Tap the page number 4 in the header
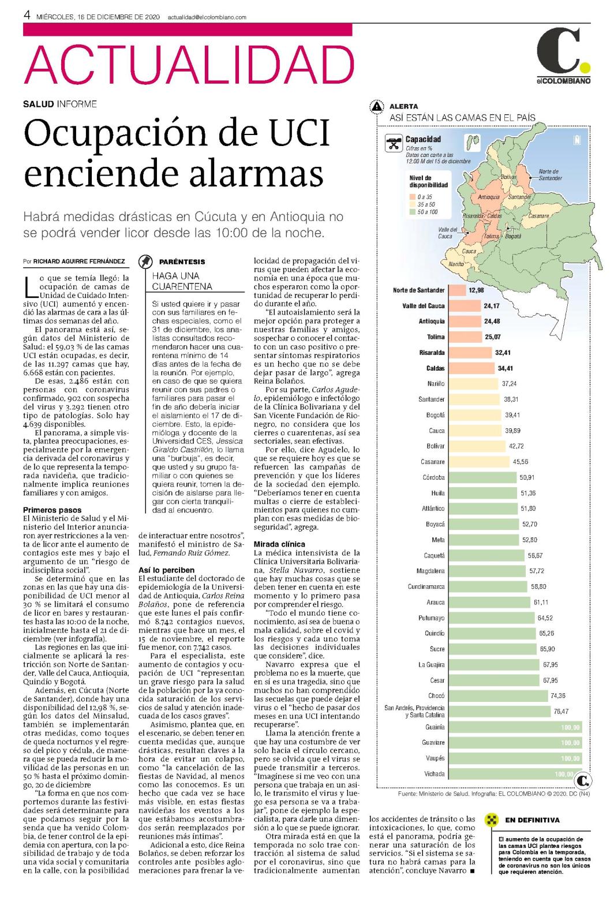[27, 16]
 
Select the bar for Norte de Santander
[457, 290]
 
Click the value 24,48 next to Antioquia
[492, 321]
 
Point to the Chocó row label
[436, 696]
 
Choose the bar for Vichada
[515, 773]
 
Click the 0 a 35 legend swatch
[412, 197]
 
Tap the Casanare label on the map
[538, 216]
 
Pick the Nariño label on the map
[456, 264]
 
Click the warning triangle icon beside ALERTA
[377, 106]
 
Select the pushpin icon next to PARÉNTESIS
[145, 261]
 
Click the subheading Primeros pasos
[52, 510]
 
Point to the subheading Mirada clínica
[279, 544]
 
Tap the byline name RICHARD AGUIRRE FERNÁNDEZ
[79, 261]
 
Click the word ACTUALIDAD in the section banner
[189, 64]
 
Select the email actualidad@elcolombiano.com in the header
[207, 17]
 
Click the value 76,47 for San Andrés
[561, 711]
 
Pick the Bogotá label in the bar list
[435, 415]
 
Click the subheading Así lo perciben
[167, 570]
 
